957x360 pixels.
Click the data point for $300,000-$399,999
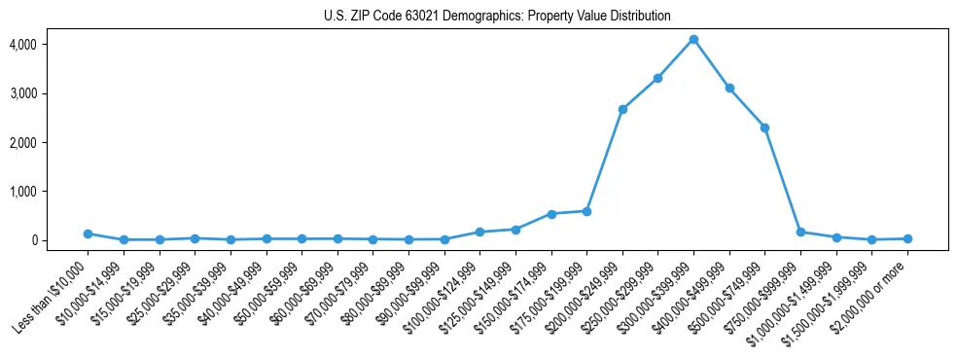pyautogui.click(x=693, y=39)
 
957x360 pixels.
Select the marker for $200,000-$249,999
pyautogui.click(x=622, y=109)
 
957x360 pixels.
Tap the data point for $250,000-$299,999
pyautogui.click(x=657, y=78)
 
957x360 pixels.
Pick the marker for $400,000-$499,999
pyautogui.click(x=729, y=88)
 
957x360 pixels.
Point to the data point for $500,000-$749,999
pyautogui.click(x=764, y=127)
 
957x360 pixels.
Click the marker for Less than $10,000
pyautogui.click(x=88, y=234)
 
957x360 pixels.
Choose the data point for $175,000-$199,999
pyautogui.click(x=586, y=211)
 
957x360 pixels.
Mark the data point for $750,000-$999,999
pyautogui.click(x=800, y=232)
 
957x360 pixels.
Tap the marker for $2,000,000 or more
pyautogui.click(x=907, y=238)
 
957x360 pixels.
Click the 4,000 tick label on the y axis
pyautogui.click(x=22, y=45)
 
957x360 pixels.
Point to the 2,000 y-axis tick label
pyautogui.click(x=22, y=143)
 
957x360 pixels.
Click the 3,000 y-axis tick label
pyautogui.click(x=22, y=93)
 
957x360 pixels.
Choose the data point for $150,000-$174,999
pyautogui.click(x=551, y=214)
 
